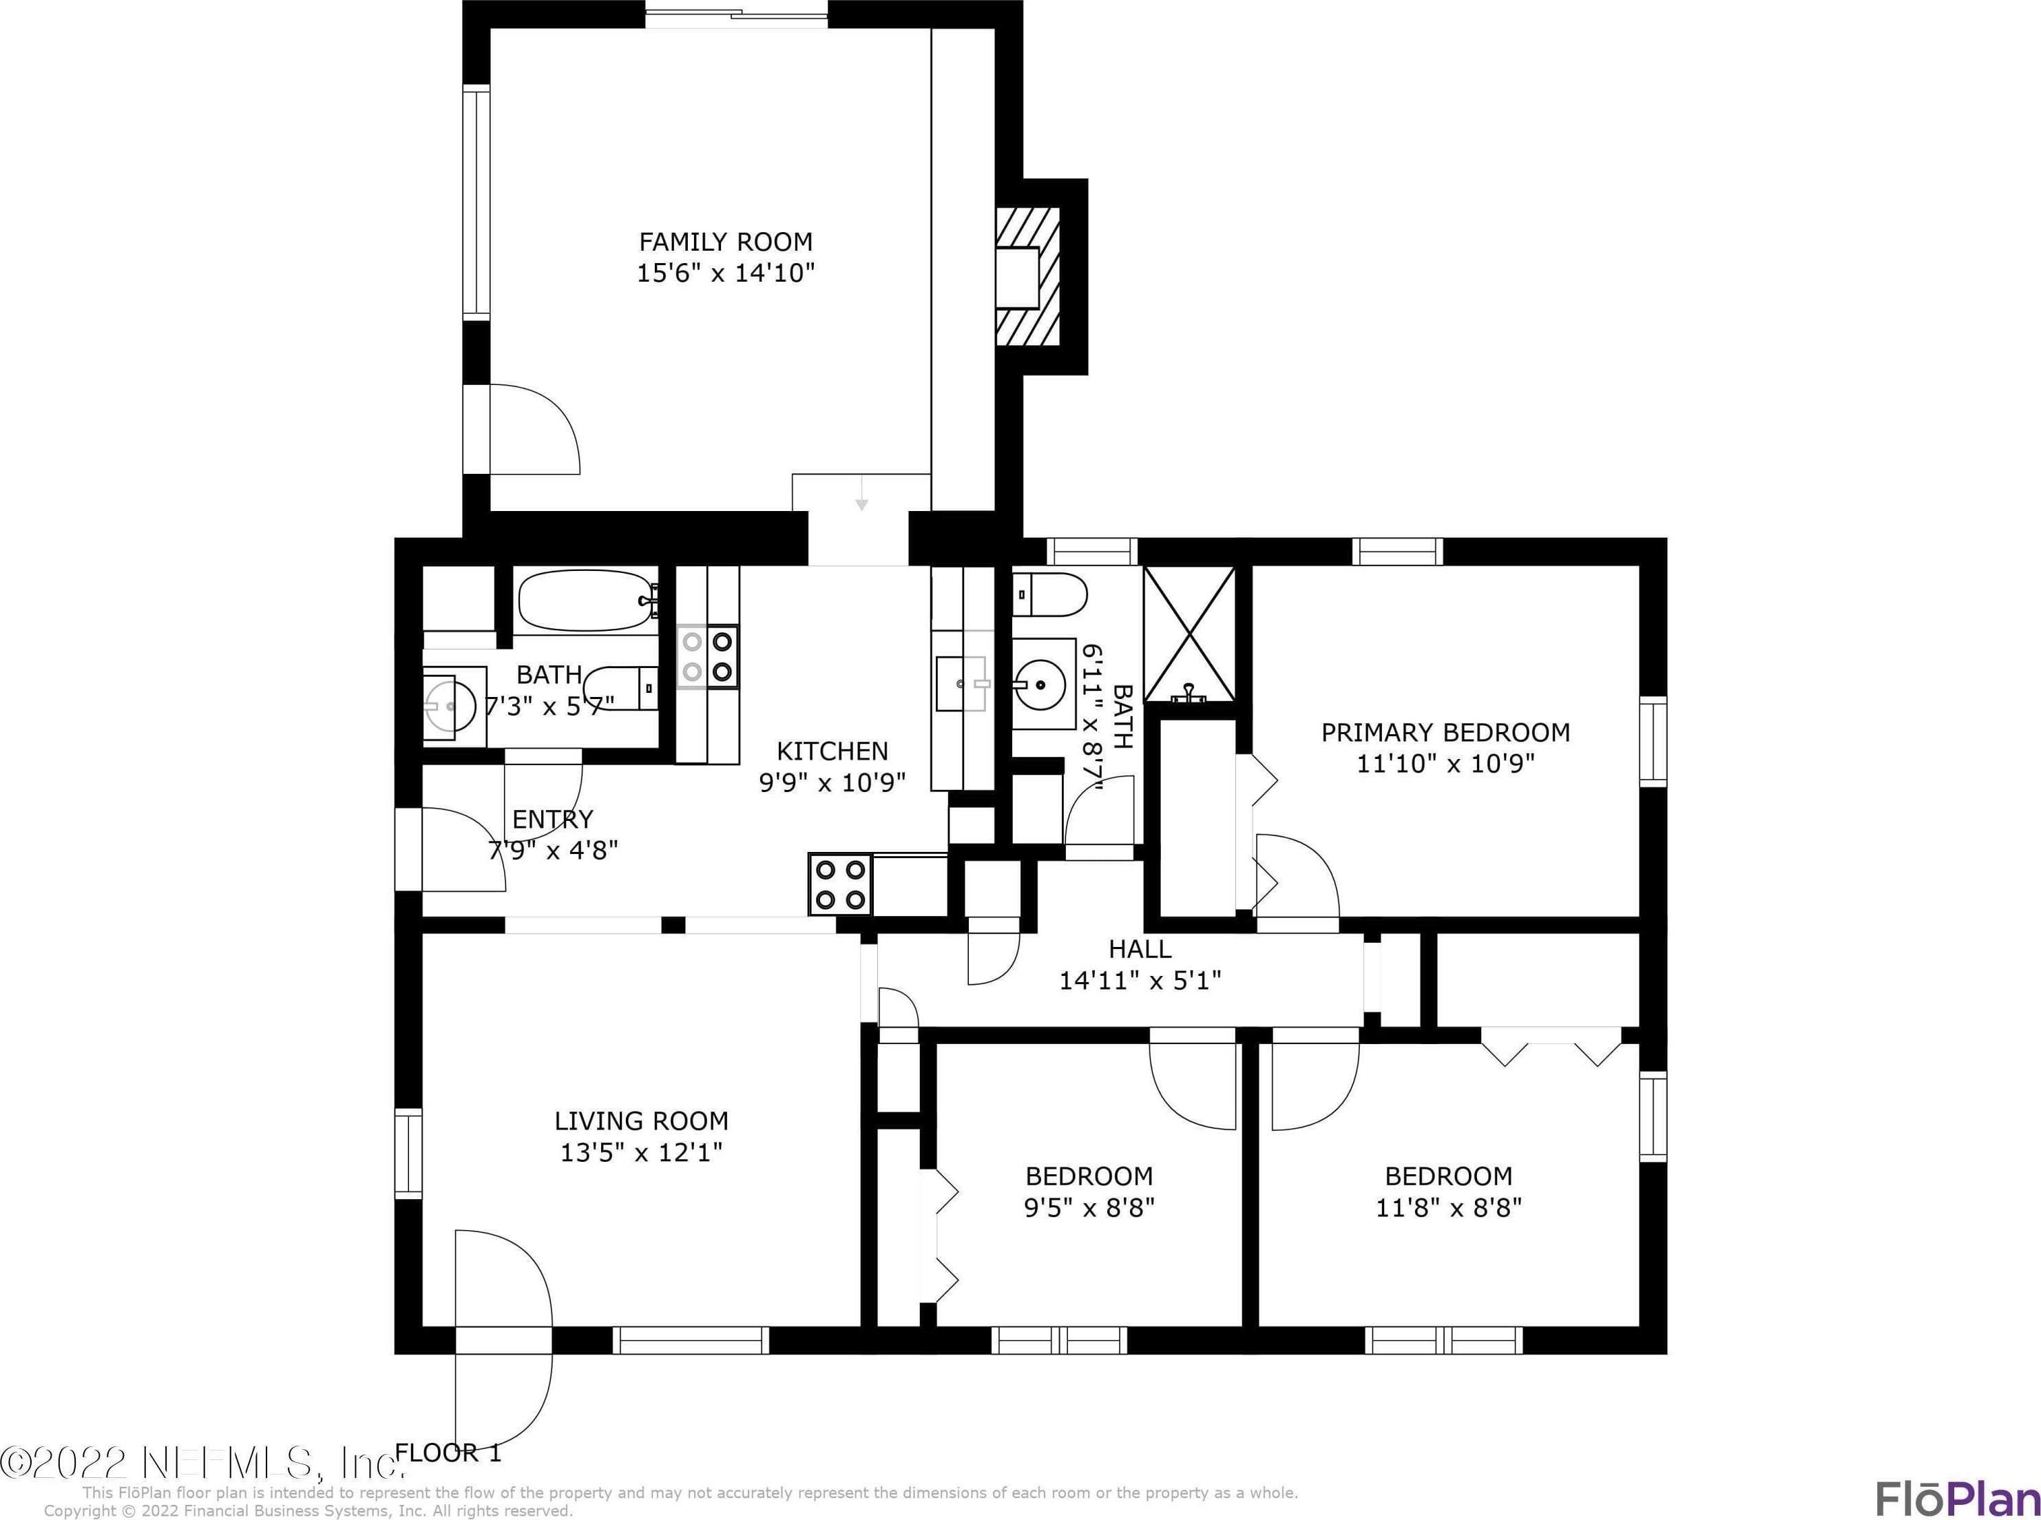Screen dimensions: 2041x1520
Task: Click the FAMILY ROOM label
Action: point(726,242)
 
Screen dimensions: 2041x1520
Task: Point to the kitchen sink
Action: point(961,684)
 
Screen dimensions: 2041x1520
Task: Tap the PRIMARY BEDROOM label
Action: point(1445,732)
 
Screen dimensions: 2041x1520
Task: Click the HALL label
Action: point(1140,948)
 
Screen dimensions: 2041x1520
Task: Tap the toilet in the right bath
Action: point(1049,594)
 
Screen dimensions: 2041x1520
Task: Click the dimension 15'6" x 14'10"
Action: point(726,273)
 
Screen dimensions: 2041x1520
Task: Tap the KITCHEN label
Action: point(833,751)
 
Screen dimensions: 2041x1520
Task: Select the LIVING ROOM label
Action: point(641,1121)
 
